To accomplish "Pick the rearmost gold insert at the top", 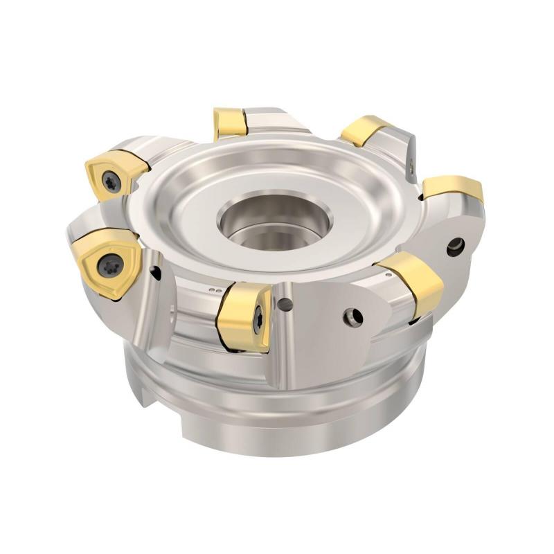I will pyautogui.click(x=231, y=123).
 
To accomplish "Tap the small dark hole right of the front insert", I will pyautogui.click(x=284, y=303).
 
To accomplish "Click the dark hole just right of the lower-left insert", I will pyautogui.click(x=157, y=273).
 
